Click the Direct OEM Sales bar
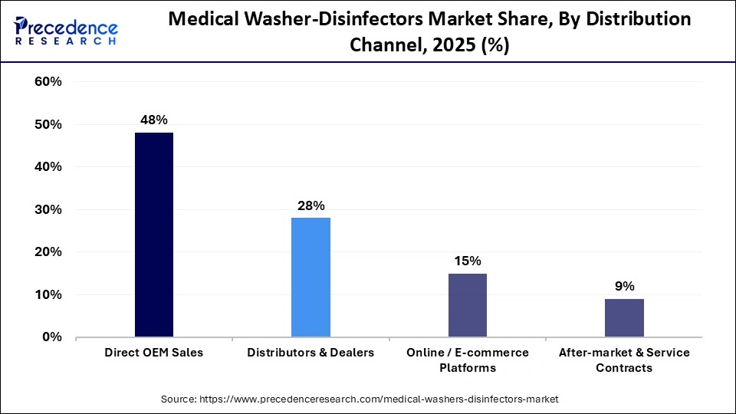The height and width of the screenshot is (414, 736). [154, 235]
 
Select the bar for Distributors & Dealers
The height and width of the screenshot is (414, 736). [310, 277]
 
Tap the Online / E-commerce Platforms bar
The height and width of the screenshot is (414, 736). [467, 304]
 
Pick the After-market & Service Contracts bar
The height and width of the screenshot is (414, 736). [624, 317]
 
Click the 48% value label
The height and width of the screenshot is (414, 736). [154, 120]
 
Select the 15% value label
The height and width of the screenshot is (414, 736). [467, 261]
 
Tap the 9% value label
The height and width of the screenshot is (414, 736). [624, 286]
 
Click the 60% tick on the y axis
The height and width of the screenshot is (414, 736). [48, 82]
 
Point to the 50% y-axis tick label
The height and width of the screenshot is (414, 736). [48, 124]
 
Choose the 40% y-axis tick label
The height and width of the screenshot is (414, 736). [48, 167]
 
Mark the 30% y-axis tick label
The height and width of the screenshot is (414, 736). [48, 209]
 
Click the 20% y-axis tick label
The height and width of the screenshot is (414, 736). [48, 252]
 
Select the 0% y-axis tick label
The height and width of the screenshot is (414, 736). [51, 337]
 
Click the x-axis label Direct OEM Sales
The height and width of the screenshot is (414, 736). [154, 353]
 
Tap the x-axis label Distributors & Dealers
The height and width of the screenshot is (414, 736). [310, 353]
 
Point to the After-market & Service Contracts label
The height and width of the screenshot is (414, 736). [624, 360]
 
